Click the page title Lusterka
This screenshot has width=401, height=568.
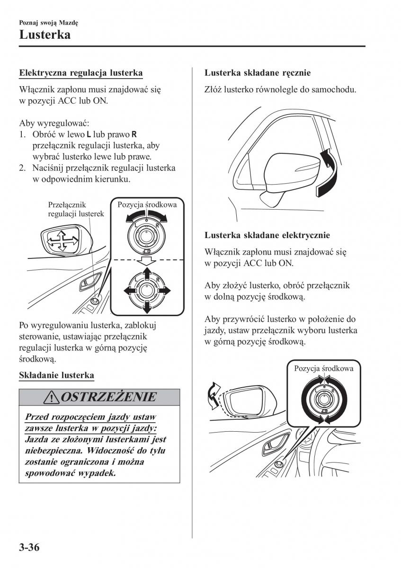[45, 35]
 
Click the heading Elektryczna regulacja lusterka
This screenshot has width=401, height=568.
[80, 73]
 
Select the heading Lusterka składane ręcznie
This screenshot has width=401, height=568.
[258, 73]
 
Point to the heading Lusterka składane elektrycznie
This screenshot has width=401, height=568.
[267, 235]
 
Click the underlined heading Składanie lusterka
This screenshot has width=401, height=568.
[56, 375]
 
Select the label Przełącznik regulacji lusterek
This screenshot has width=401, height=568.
[76, 209]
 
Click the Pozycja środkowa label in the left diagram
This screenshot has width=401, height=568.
[147, 205]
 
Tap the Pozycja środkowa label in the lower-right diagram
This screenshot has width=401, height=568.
[324, 368]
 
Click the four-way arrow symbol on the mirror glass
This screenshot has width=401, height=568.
[61, 242]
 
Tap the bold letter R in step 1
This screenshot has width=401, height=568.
[134, 135]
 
